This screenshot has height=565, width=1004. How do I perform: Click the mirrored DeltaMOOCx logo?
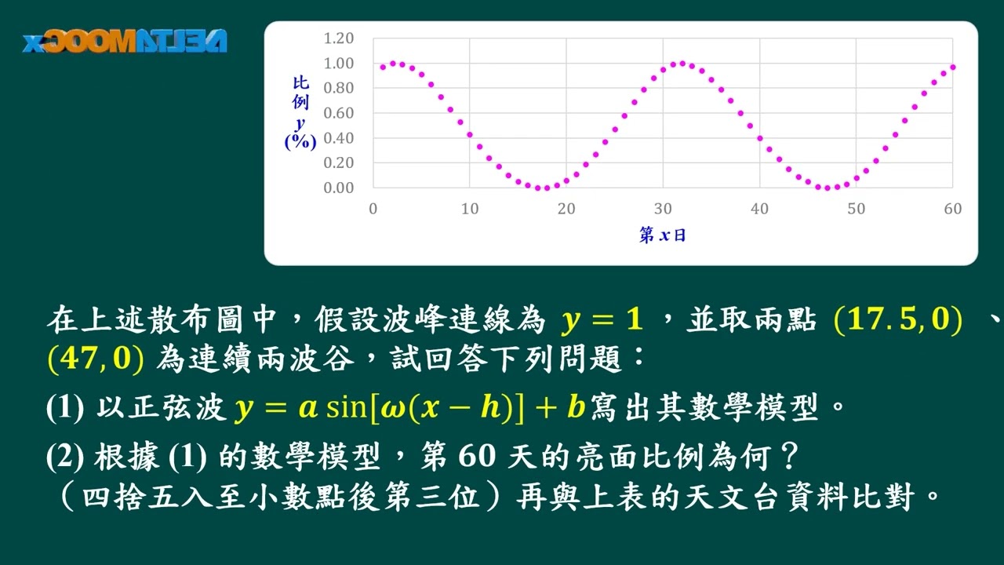point(125,42)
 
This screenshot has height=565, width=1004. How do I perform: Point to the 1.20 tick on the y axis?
point(338,38)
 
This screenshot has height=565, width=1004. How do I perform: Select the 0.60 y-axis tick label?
point(338,113)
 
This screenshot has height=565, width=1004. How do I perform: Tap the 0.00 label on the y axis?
point(338,188)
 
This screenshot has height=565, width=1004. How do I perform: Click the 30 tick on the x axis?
point(663,209)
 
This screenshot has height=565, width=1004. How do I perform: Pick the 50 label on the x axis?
point(856,209)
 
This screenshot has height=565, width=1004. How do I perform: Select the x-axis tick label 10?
point(470,209)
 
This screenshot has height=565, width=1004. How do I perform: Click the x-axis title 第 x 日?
point(663,235)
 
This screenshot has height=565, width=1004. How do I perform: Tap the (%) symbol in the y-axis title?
point(300,142)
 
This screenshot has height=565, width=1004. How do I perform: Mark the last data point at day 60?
point(953,67)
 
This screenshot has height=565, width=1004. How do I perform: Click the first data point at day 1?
point(383,67)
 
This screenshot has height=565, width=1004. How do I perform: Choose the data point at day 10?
point(470,134)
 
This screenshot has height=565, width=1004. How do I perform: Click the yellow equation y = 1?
point(602,319)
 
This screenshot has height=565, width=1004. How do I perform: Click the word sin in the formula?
point(346,407)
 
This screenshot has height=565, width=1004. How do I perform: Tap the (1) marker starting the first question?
point(65,407)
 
